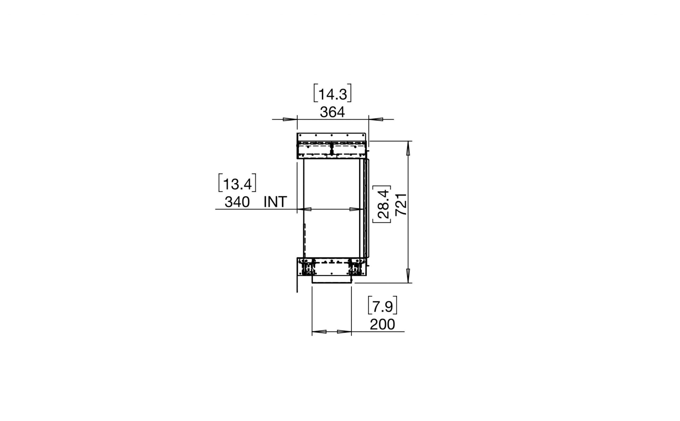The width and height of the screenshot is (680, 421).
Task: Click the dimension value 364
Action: pyautogui.click(x=332, y=112)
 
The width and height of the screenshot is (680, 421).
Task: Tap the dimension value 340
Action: pyautogui.click(x=237, y=202)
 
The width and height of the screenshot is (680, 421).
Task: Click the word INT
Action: pyautogui.click(x=275, y=202)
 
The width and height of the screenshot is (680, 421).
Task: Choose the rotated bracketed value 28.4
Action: pyautogui.click(x=383, y=204)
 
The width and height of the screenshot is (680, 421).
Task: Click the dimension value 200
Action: pyautogui.click(x=382, y=324)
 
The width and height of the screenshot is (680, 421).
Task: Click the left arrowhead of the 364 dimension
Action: pyautogui.click(x=290, y=119)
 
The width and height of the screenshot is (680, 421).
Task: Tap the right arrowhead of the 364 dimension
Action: pyautogui.click(x=376, y=119)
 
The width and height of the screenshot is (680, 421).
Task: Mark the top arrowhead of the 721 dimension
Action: pyautogui.click(x=408, y=149)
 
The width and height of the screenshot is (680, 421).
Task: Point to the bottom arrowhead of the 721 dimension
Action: pyautogui.click(x=408, y=275)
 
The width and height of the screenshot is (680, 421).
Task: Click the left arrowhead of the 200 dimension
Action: pyautogui.click(x=319, y=332)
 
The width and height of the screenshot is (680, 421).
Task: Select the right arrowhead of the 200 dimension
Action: pyautogui.click(x=344, y=332)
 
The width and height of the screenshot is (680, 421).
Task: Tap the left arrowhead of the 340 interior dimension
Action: pyautogui.click(x=305, y=209)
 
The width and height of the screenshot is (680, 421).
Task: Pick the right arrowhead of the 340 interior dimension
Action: pyautogui.click(x=356, y=209)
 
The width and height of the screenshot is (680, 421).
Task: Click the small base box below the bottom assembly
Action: pyautogui.click(x=331, y=279)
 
